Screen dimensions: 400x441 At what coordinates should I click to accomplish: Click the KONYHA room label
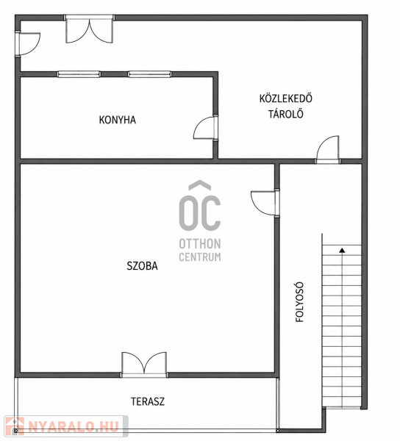click(118, 120)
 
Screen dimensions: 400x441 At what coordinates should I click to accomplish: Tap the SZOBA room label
click(142, 266)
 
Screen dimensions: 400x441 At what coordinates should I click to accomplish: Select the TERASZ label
click(148, 401)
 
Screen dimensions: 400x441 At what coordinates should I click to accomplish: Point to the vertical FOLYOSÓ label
click(300, 302)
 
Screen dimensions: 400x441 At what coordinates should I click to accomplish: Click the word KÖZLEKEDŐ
click(286, 98)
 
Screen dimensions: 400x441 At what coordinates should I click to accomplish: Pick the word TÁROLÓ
click(286, 114)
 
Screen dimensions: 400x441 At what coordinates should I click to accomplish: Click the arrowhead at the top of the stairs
click(342, 250)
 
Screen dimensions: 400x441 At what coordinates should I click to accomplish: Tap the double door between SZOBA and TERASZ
click(144, 365)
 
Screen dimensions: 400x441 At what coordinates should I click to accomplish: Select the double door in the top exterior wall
click(90, 29)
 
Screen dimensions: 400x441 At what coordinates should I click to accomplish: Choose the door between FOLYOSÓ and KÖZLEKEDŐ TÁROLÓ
click(327, 149)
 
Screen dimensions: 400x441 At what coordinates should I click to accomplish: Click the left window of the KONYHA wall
click(79, 74)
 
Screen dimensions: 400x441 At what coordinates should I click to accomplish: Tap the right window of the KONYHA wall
click(150, 74)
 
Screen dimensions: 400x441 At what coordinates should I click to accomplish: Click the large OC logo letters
click(200, 205)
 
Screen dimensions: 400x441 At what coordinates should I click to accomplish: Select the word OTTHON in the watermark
click(200, 244)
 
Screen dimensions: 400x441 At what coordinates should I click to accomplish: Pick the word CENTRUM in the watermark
click(200, 257)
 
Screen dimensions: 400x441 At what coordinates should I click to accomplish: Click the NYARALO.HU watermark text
click(74, 427)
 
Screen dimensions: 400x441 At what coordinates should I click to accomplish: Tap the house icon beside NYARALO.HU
click(15, 426)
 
